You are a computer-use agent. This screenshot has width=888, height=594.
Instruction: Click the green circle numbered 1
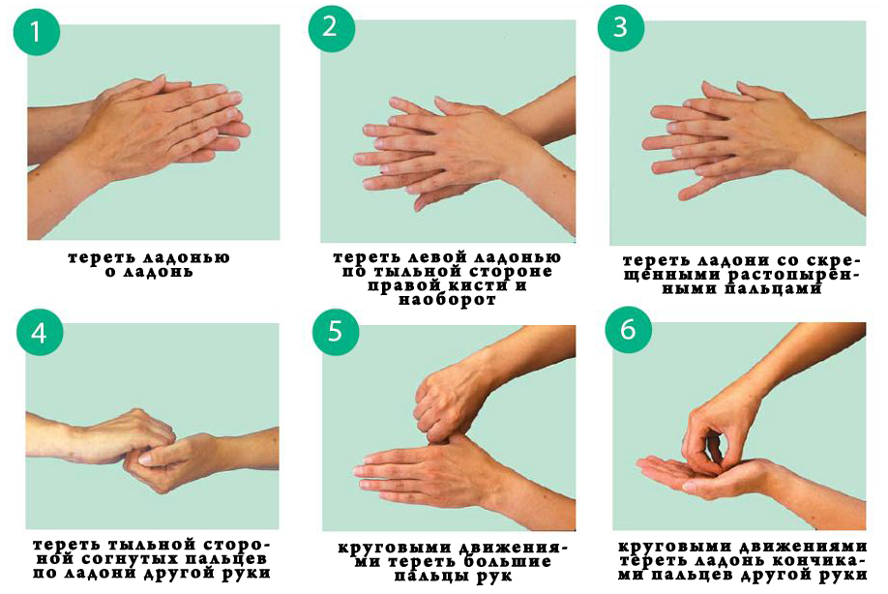36,32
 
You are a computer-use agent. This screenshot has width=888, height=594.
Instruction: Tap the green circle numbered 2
331,28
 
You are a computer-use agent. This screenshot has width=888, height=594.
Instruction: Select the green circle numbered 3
621,27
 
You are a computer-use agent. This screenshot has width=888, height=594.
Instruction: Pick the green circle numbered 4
40,333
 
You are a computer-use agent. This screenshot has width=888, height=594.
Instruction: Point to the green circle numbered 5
336,332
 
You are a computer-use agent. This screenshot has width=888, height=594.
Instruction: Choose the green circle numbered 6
628,329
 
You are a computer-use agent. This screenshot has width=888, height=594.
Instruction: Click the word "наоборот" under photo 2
447,300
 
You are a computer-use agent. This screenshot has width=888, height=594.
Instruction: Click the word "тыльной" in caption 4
150,545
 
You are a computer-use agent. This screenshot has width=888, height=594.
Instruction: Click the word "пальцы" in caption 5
432,576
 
